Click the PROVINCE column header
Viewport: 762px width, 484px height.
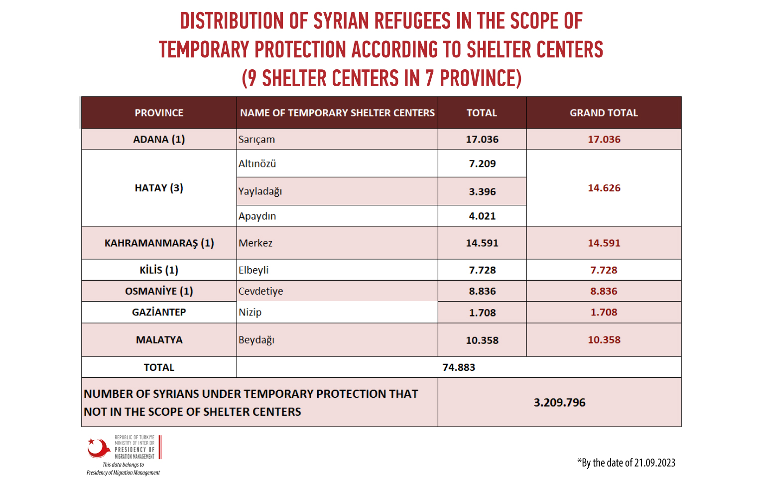[159, 113]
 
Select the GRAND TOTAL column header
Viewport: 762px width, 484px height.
[604, 113]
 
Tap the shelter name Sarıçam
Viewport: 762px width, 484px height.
[256, 140]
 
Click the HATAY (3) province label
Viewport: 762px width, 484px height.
[159, 188]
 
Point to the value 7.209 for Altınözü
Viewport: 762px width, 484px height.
[482, 163]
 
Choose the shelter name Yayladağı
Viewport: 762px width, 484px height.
[260, 191]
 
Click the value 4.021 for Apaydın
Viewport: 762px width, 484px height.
[482, 216]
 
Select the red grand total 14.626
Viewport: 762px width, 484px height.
[604, 188]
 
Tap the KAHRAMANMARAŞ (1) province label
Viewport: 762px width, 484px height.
[159, 243]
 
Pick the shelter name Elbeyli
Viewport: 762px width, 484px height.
[254, 270]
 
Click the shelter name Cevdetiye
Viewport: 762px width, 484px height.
[260, 292]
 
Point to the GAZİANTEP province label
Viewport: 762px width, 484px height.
[159, 312]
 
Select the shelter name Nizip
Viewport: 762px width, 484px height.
[250, 312]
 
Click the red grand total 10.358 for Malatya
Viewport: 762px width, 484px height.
[604, 339]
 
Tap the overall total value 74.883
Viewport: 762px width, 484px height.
[459, 367]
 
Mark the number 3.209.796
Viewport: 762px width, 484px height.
[559, 403]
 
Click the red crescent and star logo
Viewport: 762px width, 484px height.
[99, 448]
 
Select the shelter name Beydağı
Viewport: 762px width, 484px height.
[256, 340]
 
